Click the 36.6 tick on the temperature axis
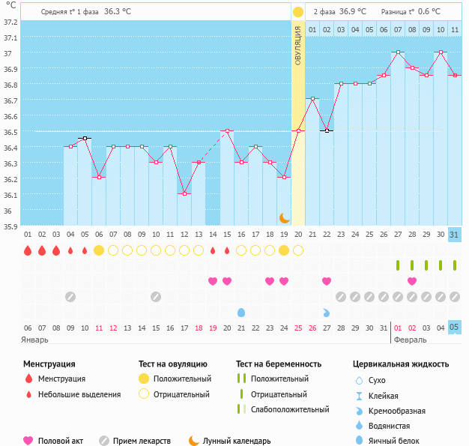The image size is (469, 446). pos(10,116)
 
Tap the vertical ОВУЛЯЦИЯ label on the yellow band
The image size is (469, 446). pos(298,45)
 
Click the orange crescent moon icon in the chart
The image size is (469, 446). pos(285,217)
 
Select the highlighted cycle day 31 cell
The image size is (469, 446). pos(455,235)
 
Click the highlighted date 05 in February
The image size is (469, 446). pos(455,328)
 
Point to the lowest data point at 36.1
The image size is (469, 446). pos(184,193)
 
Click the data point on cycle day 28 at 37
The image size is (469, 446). pos(398,53)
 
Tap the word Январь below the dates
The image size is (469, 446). pos(35,340)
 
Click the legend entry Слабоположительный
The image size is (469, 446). pos(290,409)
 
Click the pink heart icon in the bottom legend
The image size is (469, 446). pos(28,441)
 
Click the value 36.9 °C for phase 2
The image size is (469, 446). pos(353,12)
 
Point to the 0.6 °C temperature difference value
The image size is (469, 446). pos(429,12)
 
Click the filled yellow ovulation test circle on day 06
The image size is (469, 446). pos(99,250)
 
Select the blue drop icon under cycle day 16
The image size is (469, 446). pos(241,312)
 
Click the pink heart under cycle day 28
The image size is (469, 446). pos(412,281)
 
